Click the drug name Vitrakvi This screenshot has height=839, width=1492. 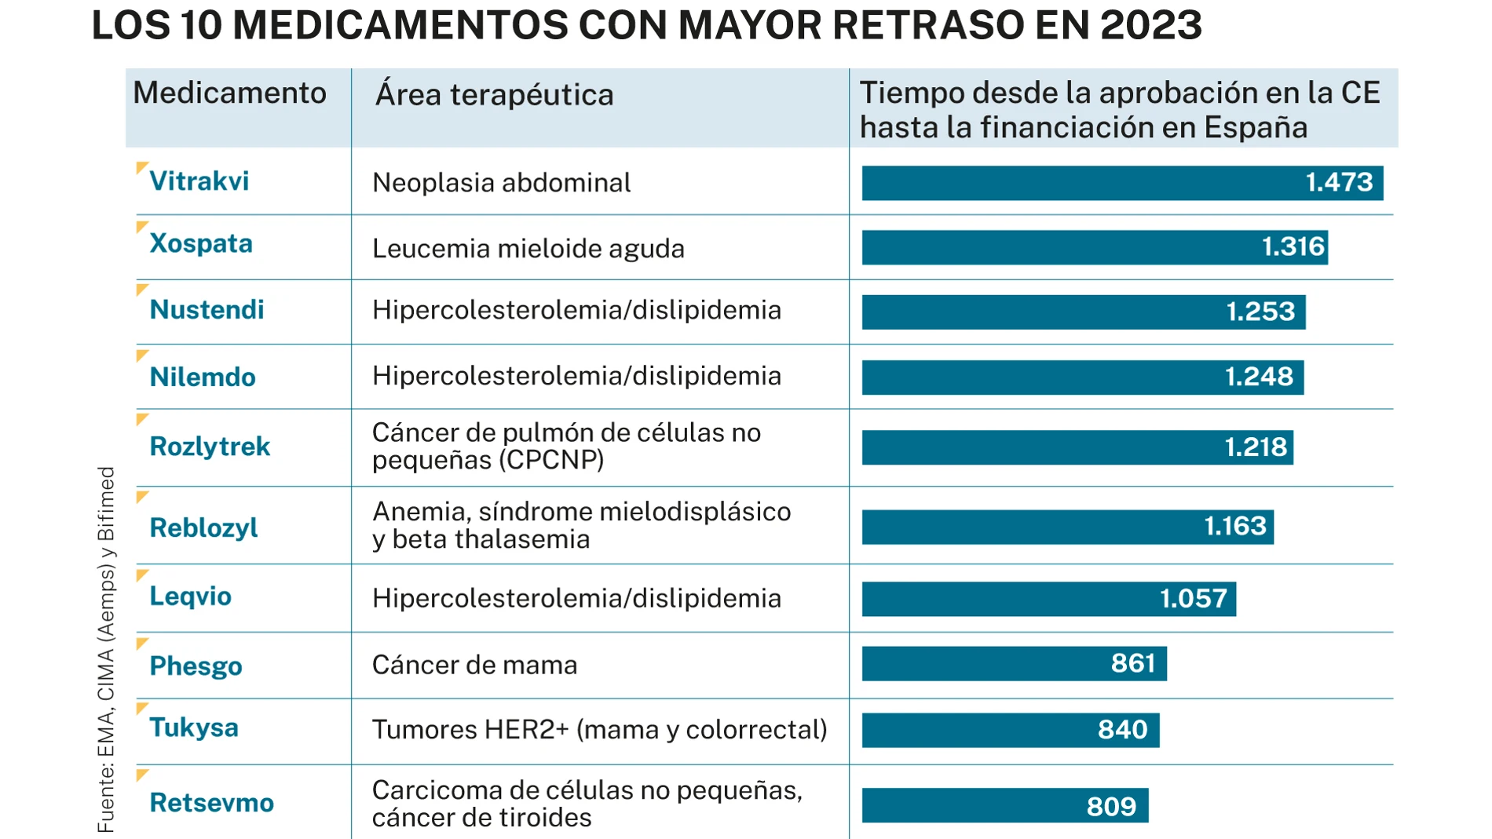(x=199, y=181)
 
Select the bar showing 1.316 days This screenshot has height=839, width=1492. (x=1094, y=247)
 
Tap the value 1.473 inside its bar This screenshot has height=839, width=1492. (x=1338, y=182)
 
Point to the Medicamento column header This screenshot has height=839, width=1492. (x=229, y=93)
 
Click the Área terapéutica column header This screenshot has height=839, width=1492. (x=494, y=95)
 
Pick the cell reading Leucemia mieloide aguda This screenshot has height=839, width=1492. (x=528, y=249)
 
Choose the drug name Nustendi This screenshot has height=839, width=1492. (x=207, y=310)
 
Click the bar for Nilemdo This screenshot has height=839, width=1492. (x=1082, y=378)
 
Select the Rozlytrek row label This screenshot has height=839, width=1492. (x=210, y=447)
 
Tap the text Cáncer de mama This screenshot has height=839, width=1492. (x=474, y=666)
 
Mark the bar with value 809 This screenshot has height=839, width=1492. (x=1004, y=806)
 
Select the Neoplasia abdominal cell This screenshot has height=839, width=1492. (x=501, y=183)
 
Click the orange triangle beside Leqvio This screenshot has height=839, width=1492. (x=141, y=575)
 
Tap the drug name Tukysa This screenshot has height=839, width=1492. (x=194, y=728)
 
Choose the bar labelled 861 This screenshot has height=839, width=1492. (x=1014, y=664)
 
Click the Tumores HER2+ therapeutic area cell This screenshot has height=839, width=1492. (x=599, y=730)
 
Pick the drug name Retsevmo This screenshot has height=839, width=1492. (x=211, y=803)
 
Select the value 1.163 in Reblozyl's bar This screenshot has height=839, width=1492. (x=1234, y=526)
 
